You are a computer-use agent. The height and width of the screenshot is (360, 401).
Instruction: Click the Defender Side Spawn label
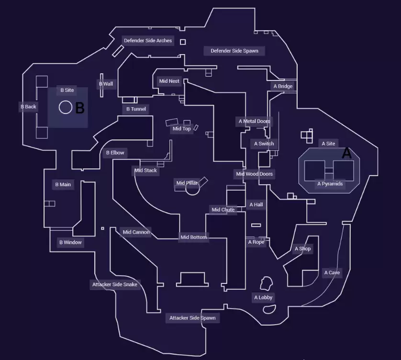pyautogui.click(x=234, y=51)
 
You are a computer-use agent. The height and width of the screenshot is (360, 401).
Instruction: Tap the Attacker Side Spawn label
pyautogui.click(x=192, y=318)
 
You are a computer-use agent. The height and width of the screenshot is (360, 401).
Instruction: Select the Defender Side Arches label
pyautogui.click(x=148, y=41)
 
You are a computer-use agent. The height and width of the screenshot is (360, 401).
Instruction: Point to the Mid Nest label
pyautogui.click(x=169, y=81)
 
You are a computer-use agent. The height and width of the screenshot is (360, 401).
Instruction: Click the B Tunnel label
pyautogui.click(x=136, y=109)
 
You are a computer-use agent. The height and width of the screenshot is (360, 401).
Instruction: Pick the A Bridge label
pyautogui.click(x=283, y=87)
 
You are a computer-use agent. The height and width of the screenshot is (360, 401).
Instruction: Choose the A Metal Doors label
pyautogui.click(x=254, y=122)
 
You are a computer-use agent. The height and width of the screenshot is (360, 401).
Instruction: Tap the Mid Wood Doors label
pyautogui.click(x=254, y=174)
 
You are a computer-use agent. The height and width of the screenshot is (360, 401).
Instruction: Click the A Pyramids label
pyautogui.click(x=330, y=184)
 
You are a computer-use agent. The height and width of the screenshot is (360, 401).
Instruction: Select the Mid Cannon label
pyautogui.click(x=136, y=233)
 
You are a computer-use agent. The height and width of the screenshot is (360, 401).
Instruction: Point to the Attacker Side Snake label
pyautogui.click(x=115, y=285)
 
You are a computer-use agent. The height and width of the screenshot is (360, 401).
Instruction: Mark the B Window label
pyautogui.click(x=70, y=243)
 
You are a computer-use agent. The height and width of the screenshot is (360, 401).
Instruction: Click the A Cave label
pyautogui.click(x=332, y=273)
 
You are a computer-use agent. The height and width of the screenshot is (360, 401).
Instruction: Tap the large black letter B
pyautogui.click(x=80, y=108)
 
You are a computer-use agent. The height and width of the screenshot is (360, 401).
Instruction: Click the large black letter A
pyautogui.click(x=346, y=154)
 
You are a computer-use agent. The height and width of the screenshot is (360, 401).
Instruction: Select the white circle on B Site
pyautogui.click(x=66, y=107)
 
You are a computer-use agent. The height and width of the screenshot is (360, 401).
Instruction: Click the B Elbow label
pyautogui.click(x=115, y=153)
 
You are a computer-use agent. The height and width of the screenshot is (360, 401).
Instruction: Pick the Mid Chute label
pyautogui.click(x=223, y=210)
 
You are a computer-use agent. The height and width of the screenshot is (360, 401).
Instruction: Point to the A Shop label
pyautogui.click(x=302, y=249)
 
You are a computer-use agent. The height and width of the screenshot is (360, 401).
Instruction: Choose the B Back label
pyautogui.click(x=28, y=107)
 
